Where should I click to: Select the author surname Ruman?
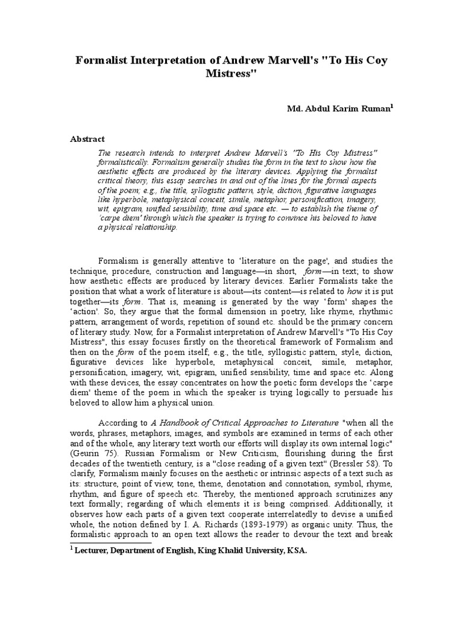(x=373, y=109)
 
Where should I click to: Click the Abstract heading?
(x=88, y=139)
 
